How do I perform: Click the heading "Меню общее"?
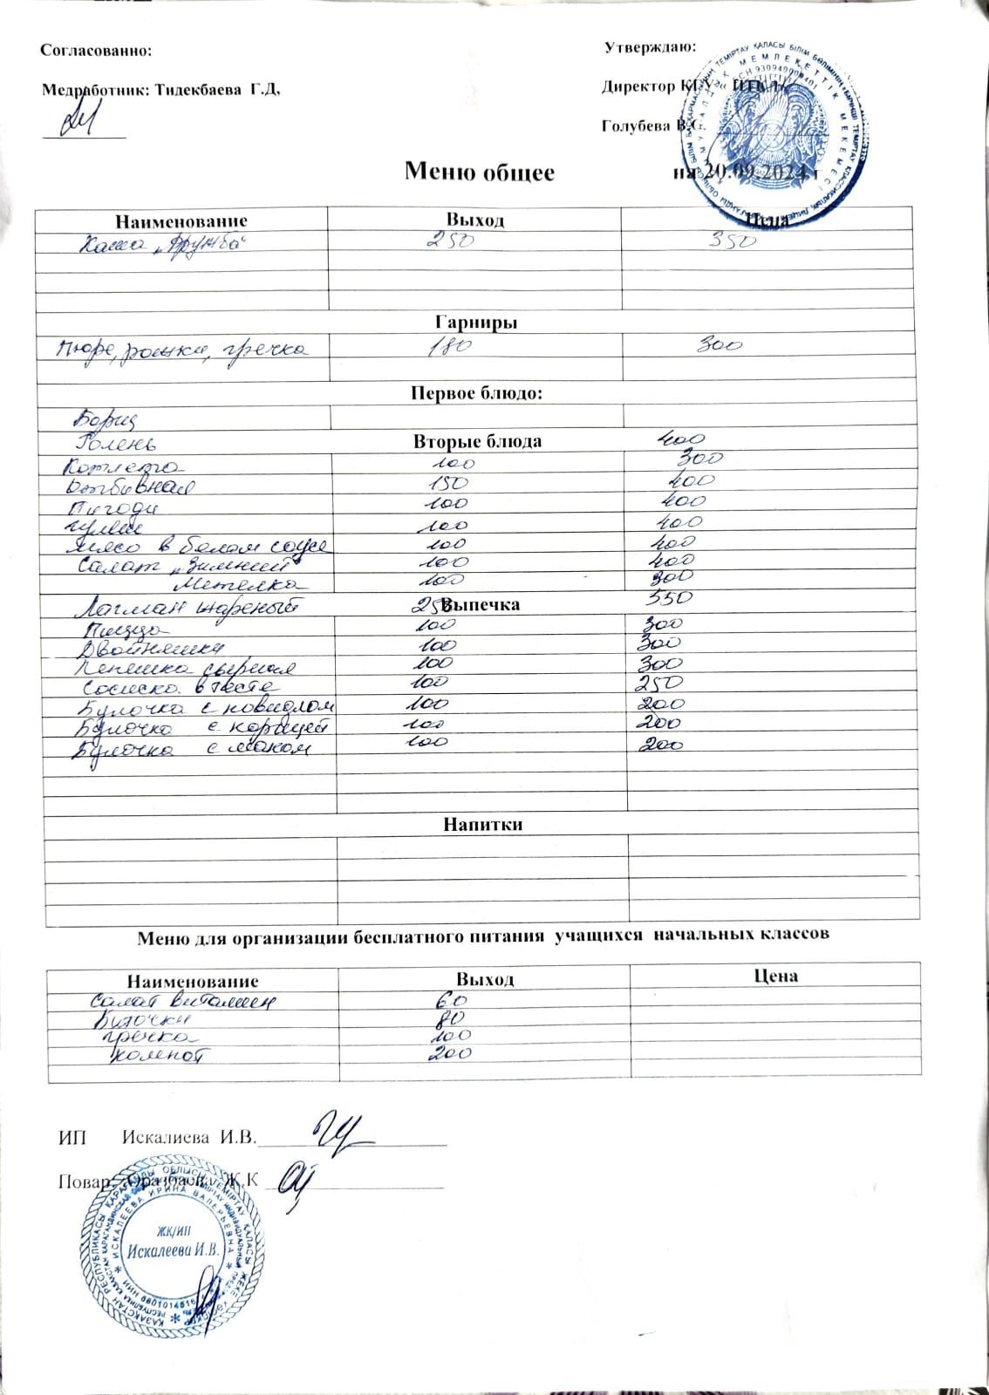point(479,172)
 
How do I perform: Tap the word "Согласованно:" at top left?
point(96,51)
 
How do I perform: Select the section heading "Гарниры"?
point(476,323)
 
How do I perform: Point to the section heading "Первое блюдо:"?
point(476,394)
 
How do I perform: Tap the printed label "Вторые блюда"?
point(477,441)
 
